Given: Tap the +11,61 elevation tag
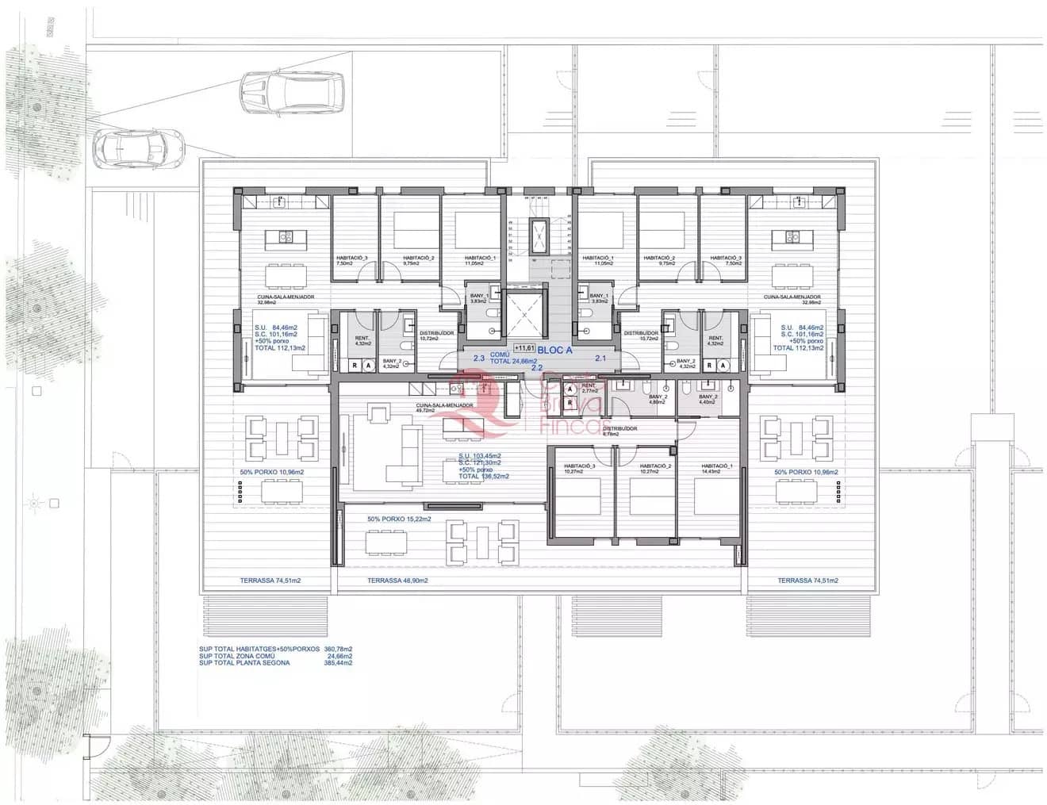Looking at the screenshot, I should pyautogui.click(x=523, y=347).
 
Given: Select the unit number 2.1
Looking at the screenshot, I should pyautogui.click(x=600, y=358).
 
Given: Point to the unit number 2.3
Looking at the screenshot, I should pyautogui.click(x=478, y=358).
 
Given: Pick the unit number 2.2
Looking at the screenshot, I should pyautogui.click(x=537, y=368).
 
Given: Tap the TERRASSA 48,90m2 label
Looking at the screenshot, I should pyautogui.click(x=397, y=581).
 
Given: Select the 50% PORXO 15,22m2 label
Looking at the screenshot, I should pyautogui.click(x=399, y=519).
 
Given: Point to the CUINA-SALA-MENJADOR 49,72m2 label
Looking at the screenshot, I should pyautogui.click(x=444, y=408).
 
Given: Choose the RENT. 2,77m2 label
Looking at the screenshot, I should pyautogui.click(x=589, y=389).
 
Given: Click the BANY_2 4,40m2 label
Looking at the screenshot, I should pyautogui.click(x=708, y=399).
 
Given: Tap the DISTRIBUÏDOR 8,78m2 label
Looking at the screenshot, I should pyautogui.click(x=619, y=431).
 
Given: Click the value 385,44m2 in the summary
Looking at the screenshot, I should pyautogui.click(x=339, y=662).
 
